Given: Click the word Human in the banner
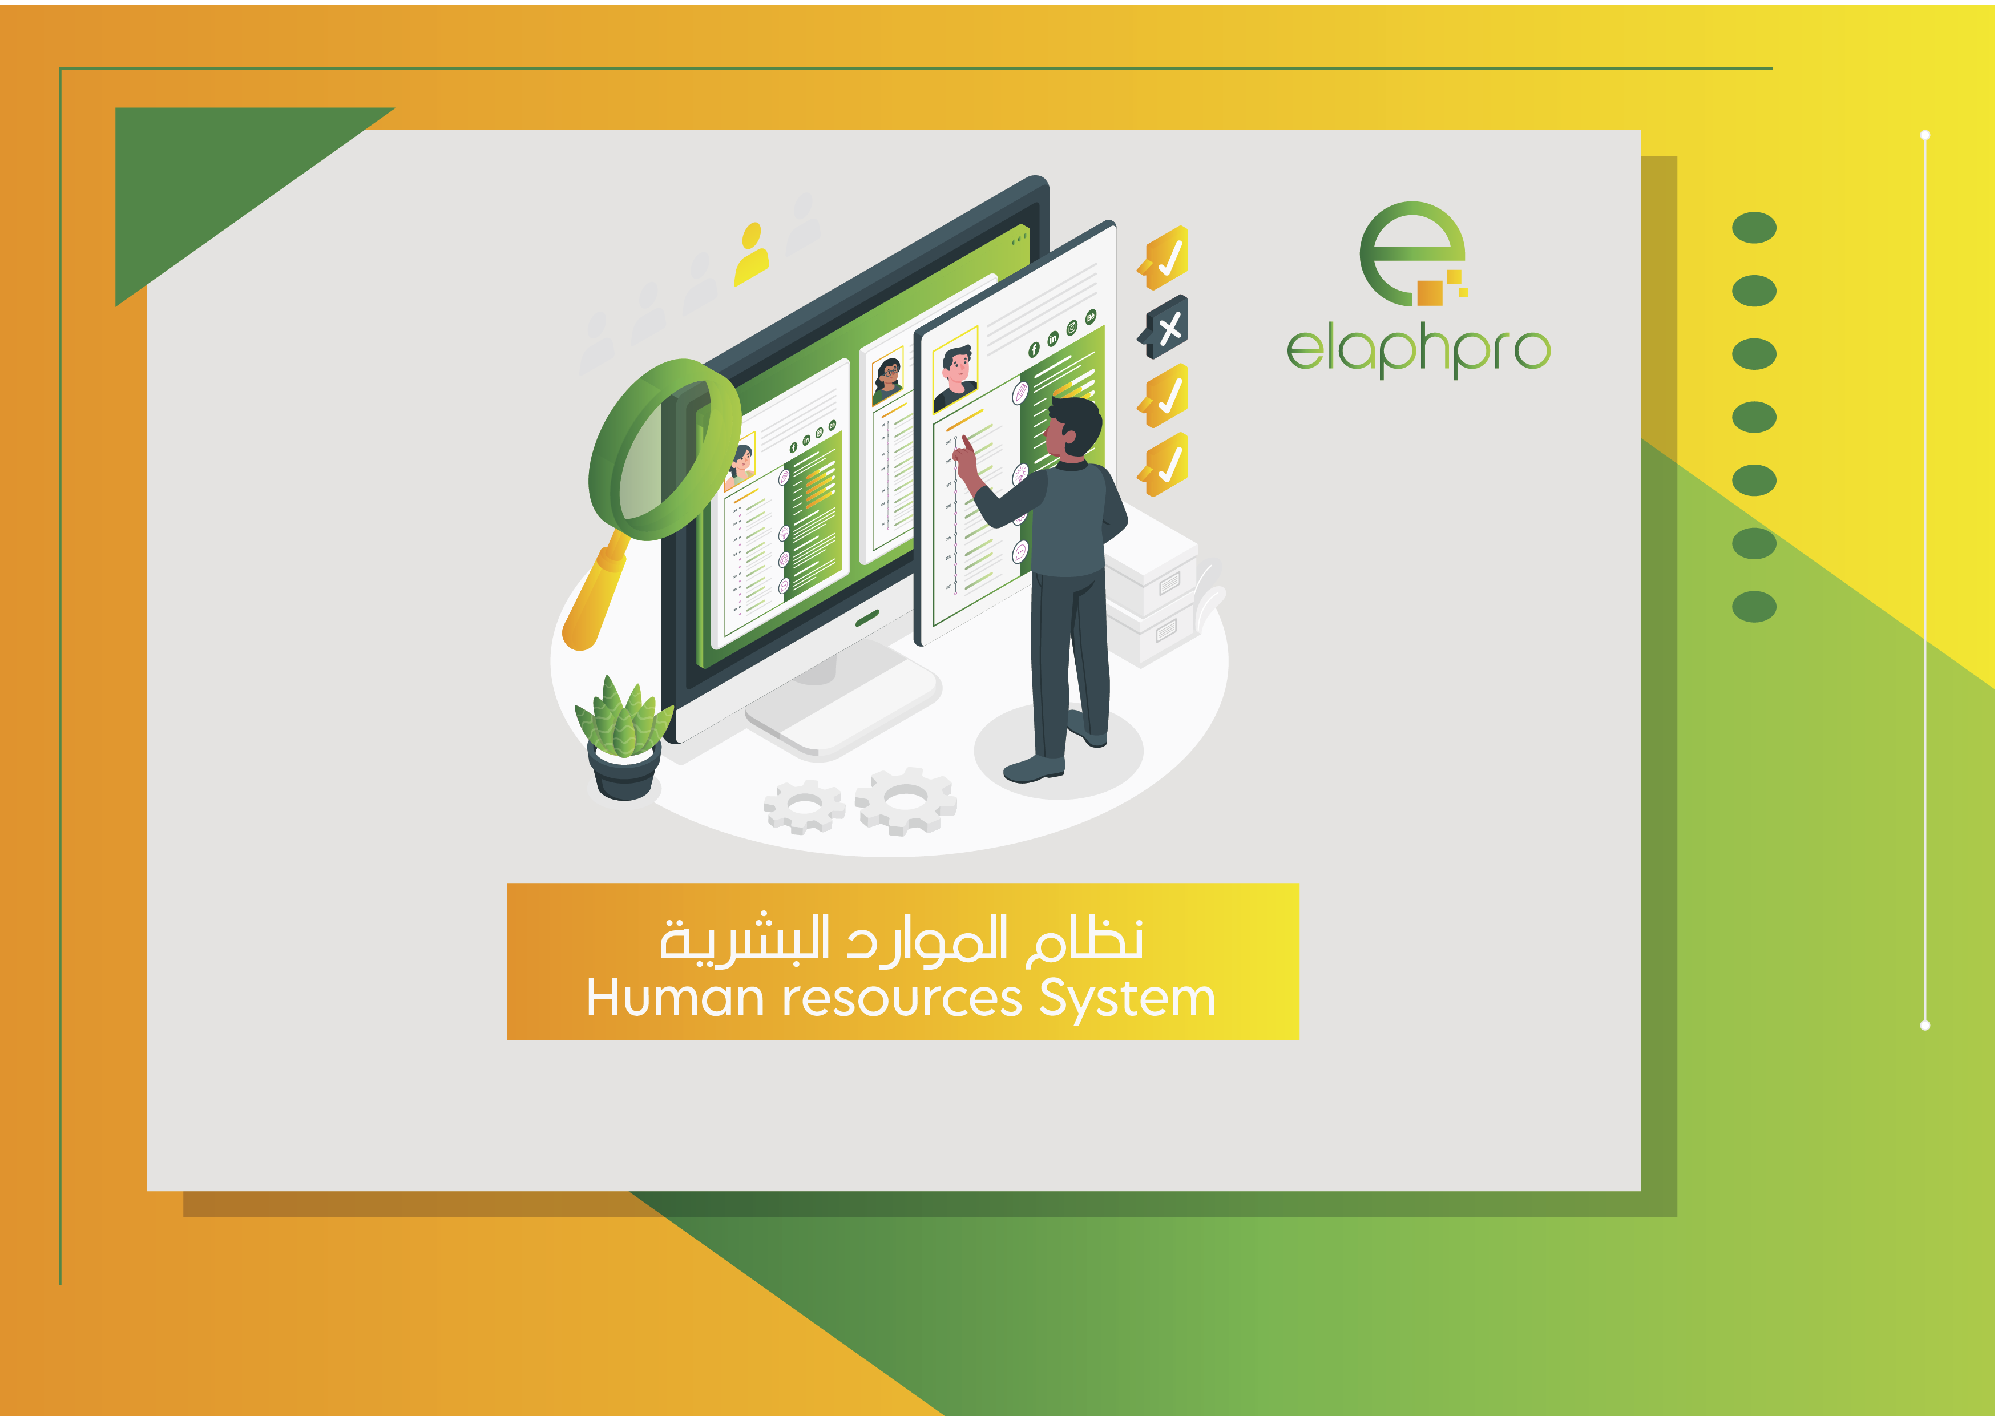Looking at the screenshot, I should click(x=675, y=998).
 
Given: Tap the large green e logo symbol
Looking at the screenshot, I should click(x=1411, y=253).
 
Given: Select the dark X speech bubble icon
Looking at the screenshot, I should click(x=1164, y=327).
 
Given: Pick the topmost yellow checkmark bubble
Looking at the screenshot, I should click(x=1164, y=257).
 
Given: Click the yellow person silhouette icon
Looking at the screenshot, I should click(x=751, y=254).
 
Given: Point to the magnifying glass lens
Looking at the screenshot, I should click(x=664, y=449).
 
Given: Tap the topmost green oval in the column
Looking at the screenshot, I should click(x=1754, y=228).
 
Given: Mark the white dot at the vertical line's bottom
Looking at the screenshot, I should click(x=1926, y=1026).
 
